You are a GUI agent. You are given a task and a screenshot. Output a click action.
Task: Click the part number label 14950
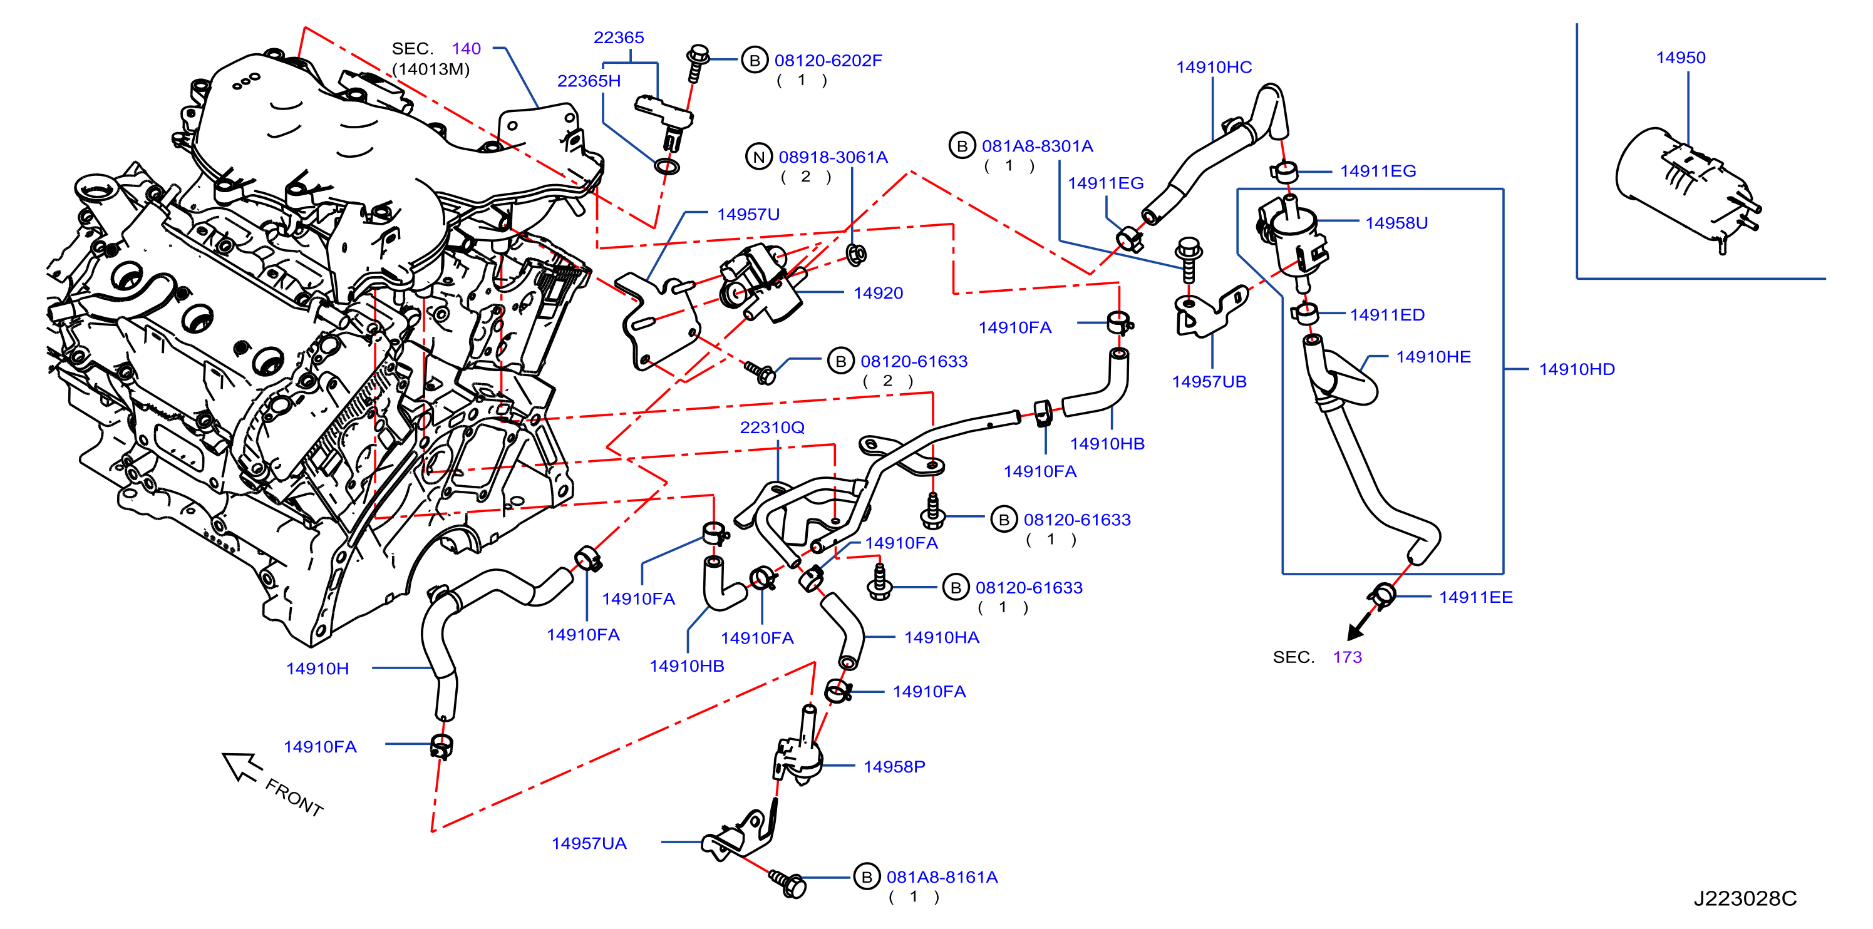tap(1680, 58)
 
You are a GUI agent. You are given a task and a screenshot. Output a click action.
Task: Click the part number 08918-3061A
tap(833, 157)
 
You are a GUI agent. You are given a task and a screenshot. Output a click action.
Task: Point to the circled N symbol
tap(758, 157)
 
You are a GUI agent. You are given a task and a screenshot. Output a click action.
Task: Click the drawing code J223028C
tap(1745, 898)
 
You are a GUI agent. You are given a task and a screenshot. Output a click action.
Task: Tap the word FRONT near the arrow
tap(294, 798)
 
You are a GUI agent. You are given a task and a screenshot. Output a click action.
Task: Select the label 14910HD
tap(1576, 369)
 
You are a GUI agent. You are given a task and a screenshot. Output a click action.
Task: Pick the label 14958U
tap(1396, 223)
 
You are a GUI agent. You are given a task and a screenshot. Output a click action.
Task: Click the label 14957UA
tap(588, 843)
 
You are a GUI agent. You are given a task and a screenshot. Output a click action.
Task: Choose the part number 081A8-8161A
tap(942, 878)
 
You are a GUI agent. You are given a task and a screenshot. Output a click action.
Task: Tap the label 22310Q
tap(772, 428)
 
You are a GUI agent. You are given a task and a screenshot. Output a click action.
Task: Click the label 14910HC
tap(1214, 68)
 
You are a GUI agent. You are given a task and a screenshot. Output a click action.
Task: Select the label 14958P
tap(894, 767)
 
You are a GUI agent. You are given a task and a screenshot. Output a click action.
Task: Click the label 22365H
tap(589, 81)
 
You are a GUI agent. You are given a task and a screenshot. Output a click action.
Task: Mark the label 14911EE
tap(1475, 597)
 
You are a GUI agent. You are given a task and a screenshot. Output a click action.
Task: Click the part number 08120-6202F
tap(827, 60)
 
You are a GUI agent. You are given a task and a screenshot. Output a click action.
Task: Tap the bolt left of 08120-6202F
tap(697, 63)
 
